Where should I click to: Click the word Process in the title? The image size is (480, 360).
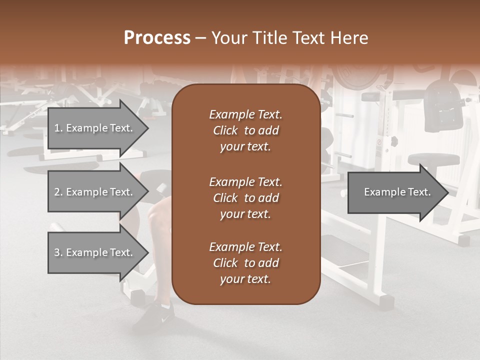[x=157, y=38]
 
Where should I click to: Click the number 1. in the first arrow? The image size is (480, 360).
[x=58, y=128]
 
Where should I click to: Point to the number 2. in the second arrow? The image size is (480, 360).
[x=58, y=192]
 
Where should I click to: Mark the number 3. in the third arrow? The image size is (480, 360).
[x=58, y=252]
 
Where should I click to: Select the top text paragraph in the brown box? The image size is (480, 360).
[x=245, y=130]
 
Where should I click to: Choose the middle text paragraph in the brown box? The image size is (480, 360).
[x=245, y=197]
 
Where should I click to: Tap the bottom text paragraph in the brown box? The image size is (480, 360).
[x=245, y=263]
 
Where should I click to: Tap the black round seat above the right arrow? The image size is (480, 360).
[x=433, y=159]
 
